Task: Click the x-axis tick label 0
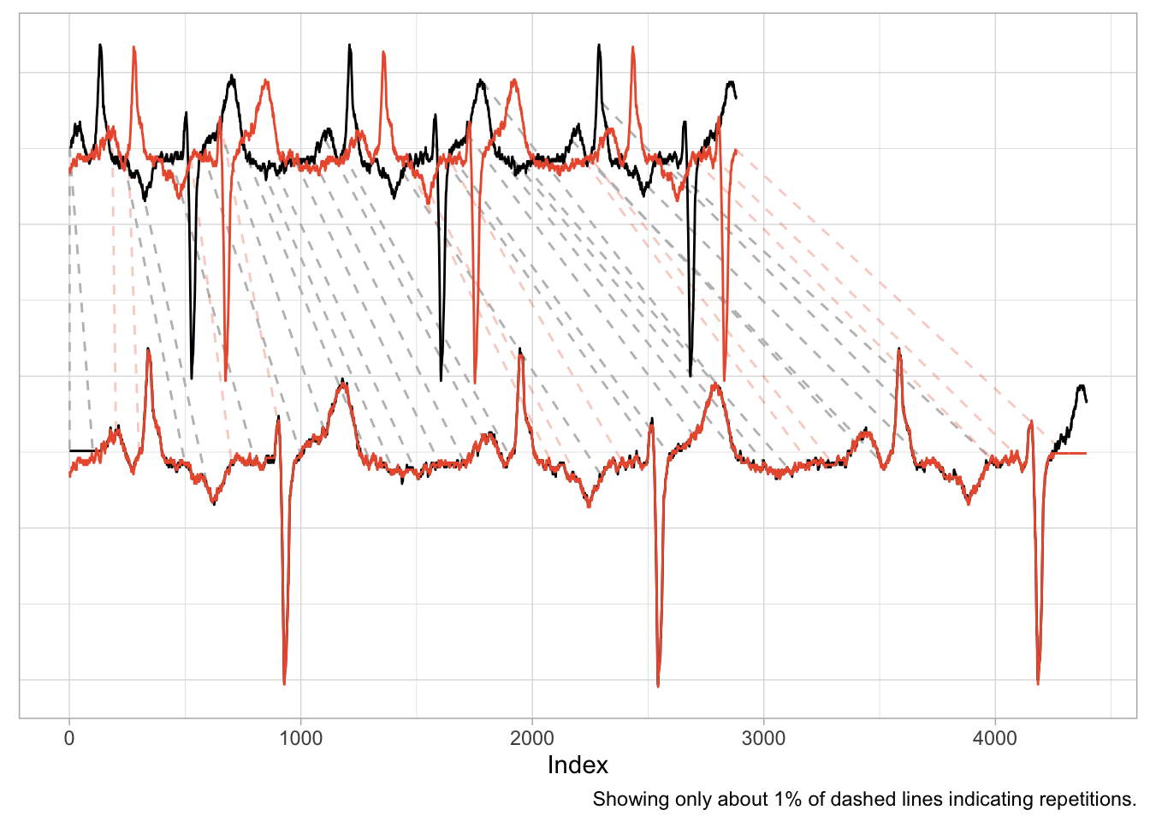tap(69, 739)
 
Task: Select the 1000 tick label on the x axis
tap(300, 739)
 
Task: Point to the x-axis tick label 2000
tap(532, 739)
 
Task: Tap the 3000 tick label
tap(763, 739)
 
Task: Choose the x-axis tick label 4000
tap(995, 739)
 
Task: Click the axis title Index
tap(578, 765)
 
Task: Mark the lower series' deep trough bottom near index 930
tap(284, 682)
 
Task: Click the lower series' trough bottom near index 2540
tap(658, 685)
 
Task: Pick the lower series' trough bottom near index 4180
tap(1038, 682)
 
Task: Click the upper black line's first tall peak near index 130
tap(100, 45)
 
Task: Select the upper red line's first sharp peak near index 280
tap(133, 48)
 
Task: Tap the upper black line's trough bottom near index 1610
tap(442, 379)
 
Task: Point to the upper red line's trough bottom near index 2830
tap(724, 378)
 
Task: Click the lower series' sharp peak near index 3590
tap(898, 349)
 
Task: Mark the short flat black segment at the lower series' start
tap(82, 450)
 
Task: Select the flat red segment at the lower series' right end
tap(1070, 453)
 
